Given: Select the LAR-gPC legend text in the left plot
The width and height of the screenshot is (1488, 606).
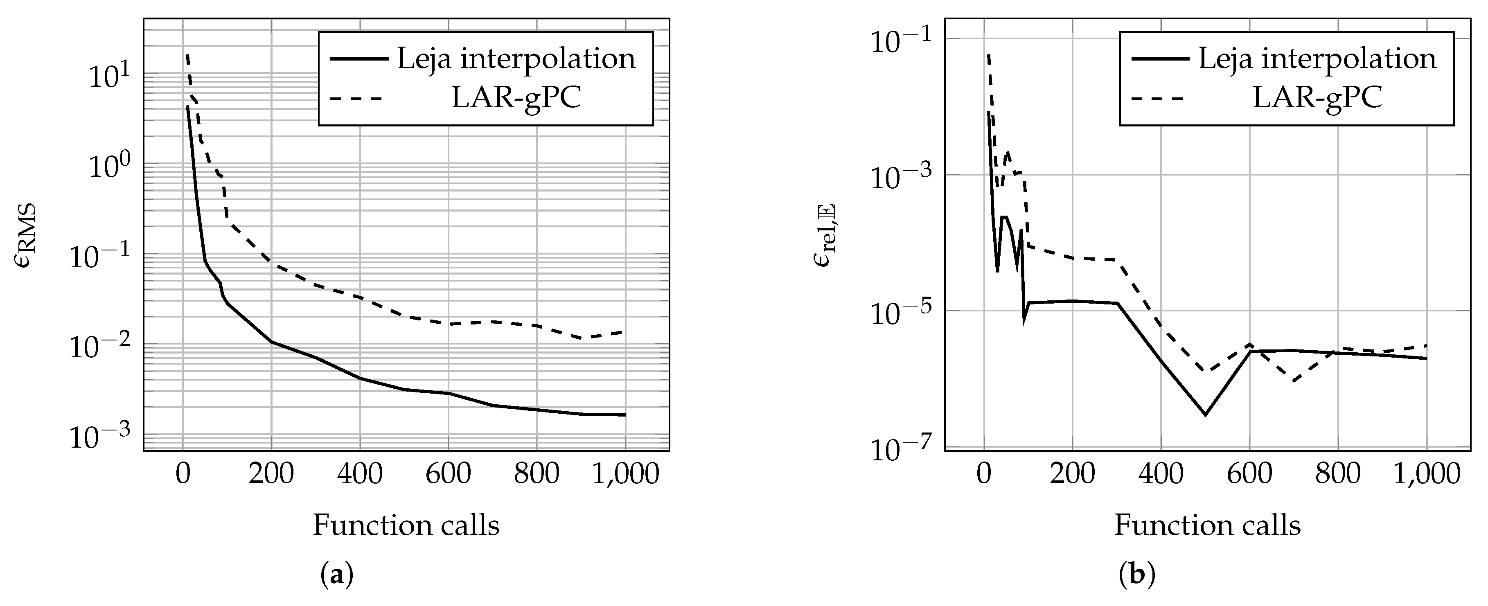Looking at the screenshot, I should point(516,99).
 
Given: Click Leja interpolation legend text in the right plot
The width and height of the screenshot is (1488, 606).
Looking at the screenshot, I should point(1317,59).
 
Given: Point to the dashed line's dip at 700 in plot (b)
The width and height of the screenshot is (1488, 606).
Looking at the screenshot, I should point(1293,381).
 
